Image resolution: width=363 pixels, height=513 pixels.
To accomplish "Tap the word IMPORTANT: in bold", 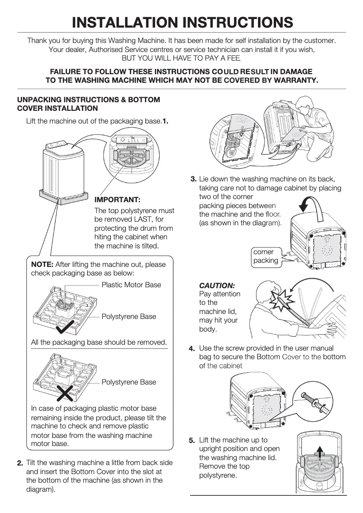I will tap(117, 199).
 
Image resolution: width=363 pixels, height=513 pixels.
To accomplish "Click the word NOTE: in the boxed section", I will tap(42, 265).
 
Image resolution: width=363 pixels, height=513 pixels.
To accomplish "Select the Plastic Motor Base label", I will tap(131, 285).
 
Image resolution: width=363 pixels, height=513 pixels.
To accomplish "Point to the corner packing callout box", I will tap(266, 256).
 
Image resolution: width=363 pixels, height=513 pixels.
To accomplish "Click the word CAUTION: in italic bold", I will tap(217, 286).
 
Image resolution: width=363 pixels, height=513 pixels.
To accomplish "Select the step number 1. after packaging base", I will tap(166, 121).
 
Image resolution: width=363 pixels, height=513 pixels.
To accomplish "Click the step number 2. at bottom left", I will tap(20, 463).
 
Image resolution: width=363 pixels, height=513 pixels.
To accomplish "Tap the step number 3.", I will tap(193, 179).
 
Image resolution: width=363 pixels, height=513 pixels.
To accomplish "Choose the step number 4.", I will tap(192, 349).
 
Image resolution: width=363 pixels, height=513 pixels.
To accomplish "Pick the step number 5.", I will tap(192, 440).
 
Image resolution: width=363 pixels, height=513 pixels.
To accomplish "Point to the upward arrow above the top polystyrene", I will tap(320, 452).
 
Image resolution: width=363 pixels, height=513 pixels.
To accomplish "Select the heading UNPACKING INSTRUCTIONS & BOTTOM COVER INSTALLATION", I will tap(88, 104).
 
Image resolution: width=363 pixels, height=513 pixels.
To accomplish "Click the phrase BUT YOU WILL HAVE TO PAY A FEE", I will tap(181, 58).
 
